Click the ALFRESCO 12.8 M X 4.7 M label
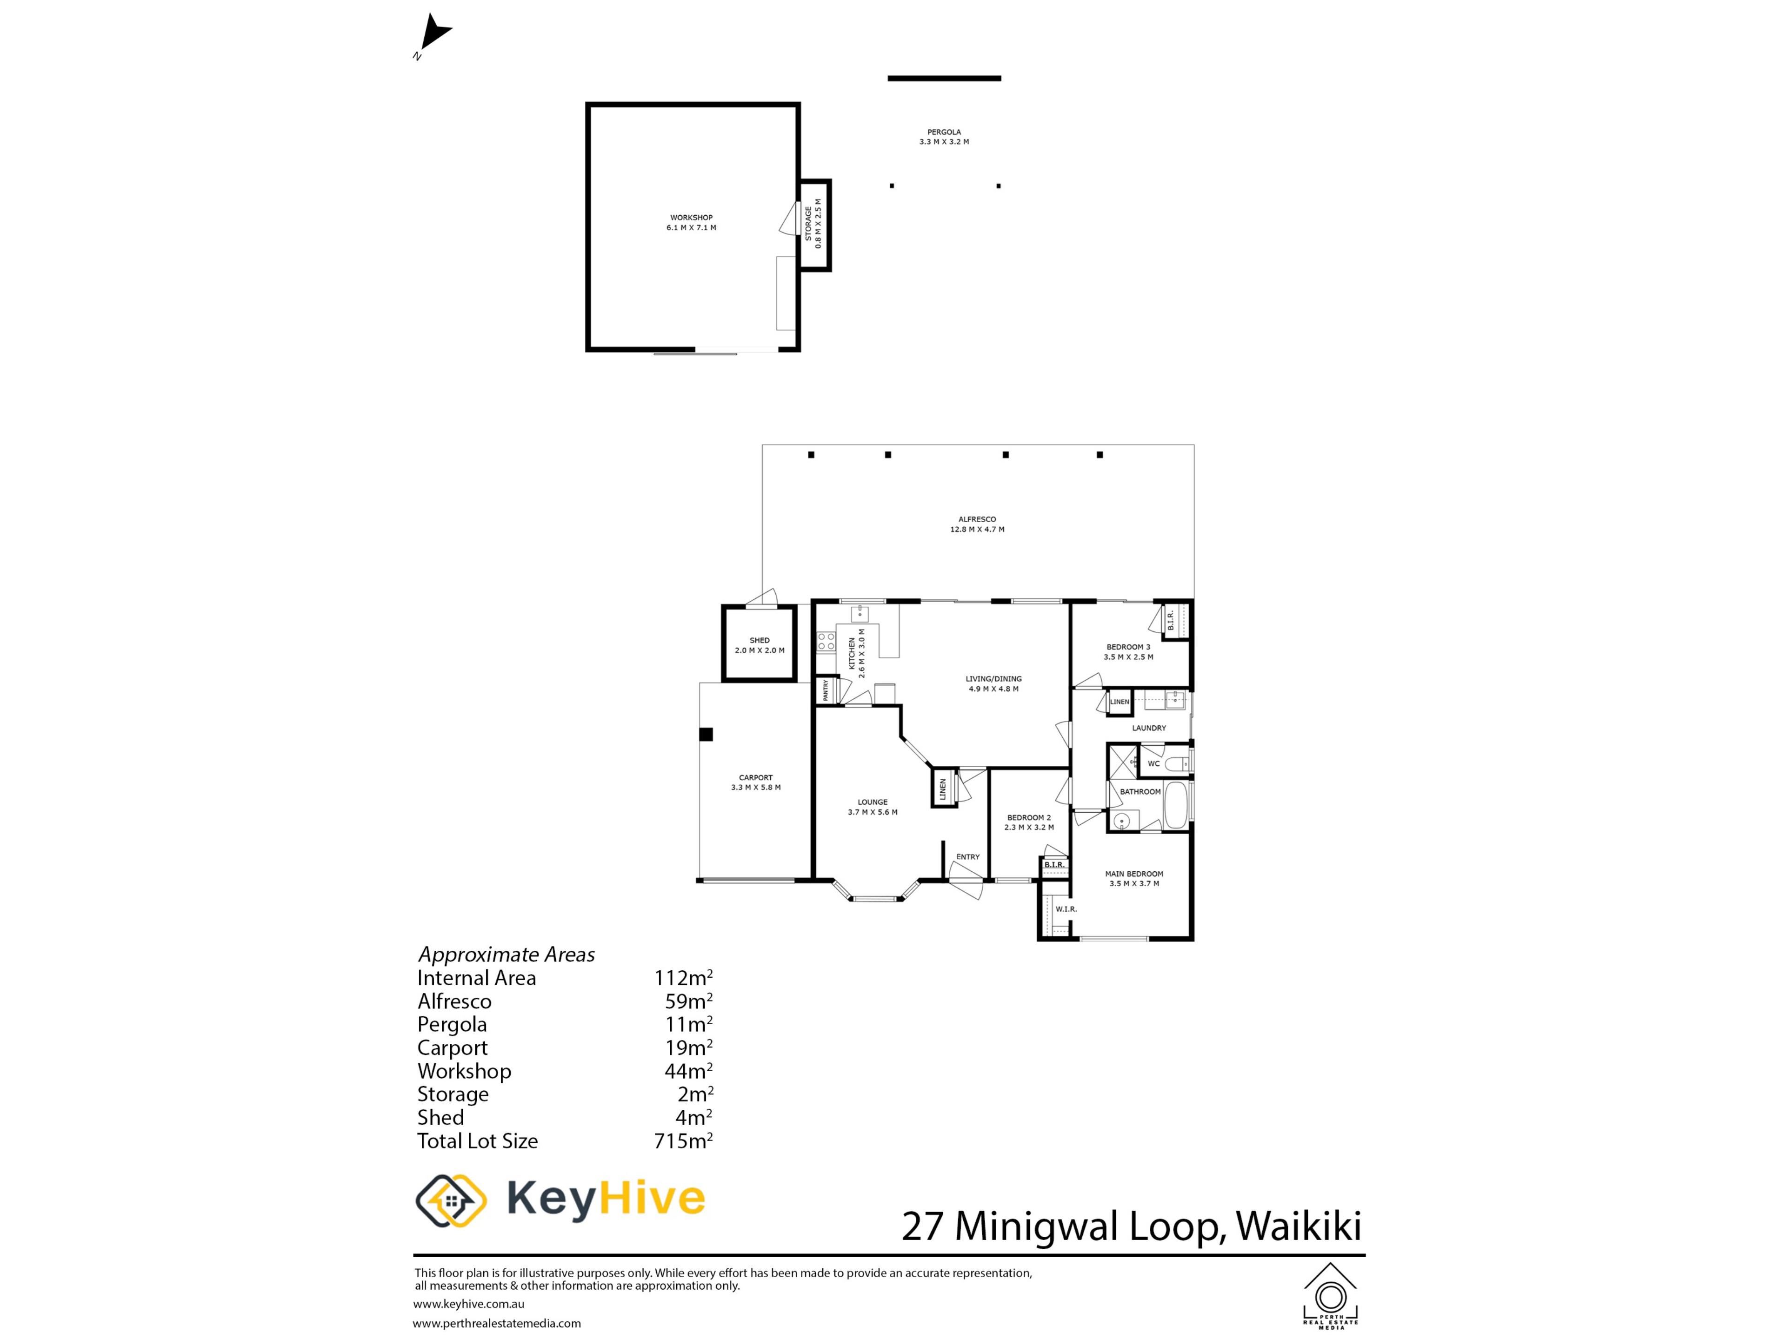pos(977,524)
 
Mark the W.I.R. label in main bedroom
pos(1066,909)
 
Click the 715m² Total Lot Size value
pos(683,1140)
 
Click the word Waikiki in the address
pos(1298,1226)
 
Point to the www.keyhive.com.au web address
pos(468,1304)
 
